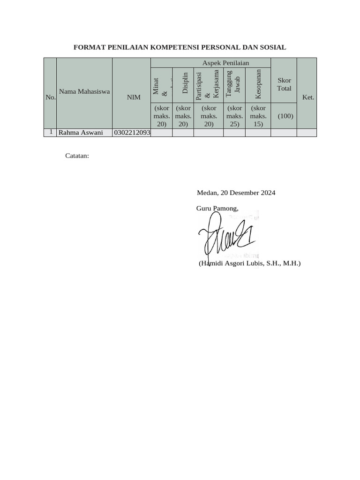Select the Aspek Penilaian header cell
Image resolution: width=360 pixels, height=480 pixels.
(225, 63)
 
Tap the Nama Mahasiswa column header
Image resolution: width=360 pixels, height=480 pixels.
(84, 91)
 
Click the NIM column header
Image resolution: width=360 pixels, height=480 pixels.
(134, 97)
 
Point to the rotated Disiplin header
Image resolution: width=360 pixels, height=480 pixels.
(185, 83)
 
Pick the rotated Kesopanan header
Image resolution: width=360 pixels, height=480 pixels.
(258, 84)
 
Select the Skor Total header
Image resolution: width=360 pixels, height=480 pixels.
(284, 84)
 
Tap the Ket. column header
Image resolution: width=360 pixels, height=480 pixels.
(308, 97)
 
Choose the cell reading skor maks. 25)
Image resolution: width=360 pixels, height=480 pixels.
(234, 116)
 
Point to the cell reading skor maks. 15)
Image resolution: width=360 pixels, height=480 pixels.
(258, 116)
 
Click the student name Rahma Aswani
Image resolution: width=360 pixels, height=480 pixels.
(81, 133)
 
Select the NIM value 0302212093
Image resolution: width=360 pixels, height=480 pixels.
(132, 133)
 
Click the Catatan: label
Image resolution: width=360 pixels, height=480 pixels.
(77, 156)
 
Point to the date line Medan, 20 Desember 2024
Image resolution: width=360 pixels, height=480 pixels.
(236, 193)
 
